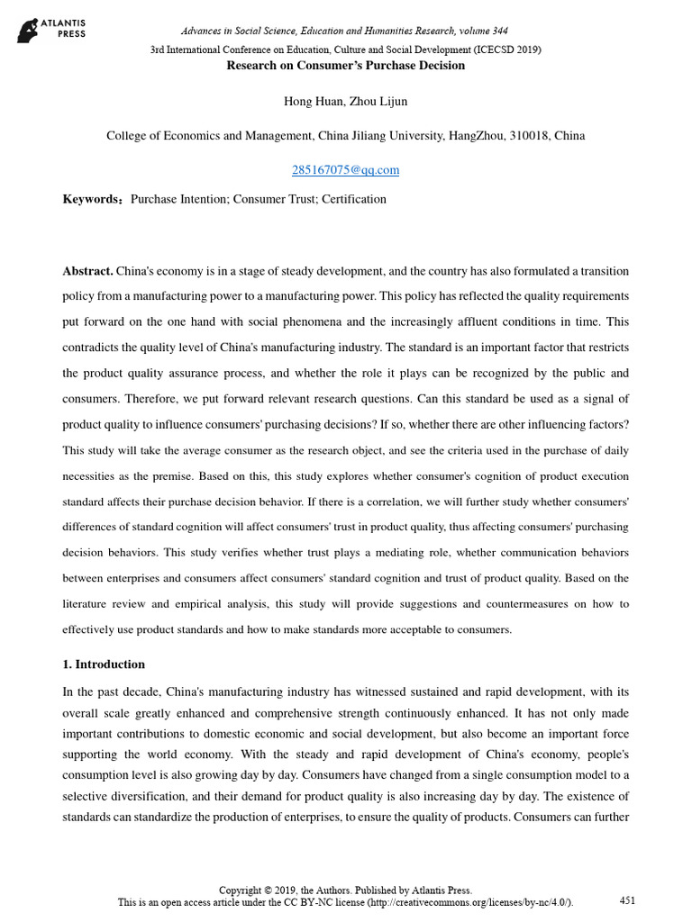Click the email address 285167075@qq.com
pyautogui.click(x=345, y=169)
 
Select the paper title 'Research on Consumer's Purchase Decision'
pyautogui.click(x=345, y=66)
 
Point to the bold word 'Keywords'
pyautogui.click(x=90, y=199)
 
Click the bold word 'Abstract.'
pyautogui.click(x=87, y=271)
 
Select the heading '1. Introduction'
pyautogui.click(x=104, y=664)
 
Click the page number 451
pyautogui.click(x=628, y=899)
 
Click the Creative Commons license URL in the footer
pyautogui.click(x=478, y=902)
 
